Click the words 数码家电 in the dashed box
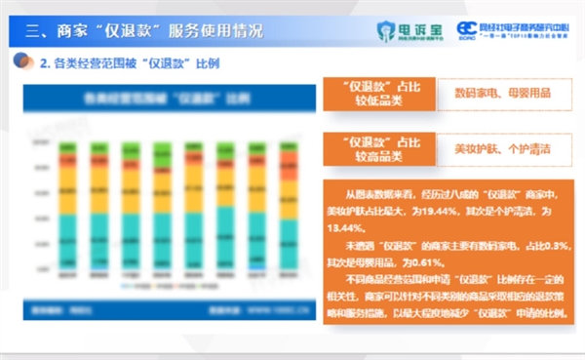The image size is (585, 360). click(x=475, y=95)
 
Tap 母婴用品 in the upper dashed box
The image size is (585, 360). click(x=527, y=95)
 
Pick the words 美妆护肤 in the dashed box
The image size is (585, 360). click(x=475, y=149)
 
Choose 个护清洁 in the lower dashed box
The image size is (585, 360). click(x=527, y=149)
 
